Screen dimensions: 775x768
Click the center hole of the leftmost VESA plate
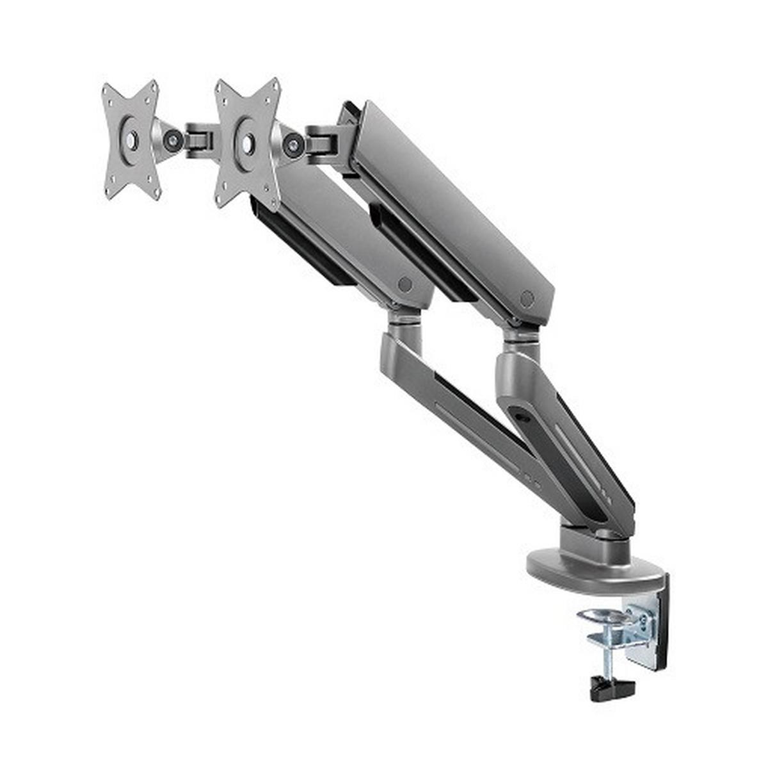point(131,139)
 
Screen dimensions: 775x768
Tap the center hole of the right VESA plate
point(246,143)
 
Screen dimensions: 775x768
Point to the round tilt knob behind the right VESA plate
point(294,145)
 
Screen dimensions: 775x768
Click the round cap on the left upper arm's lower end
point(404,284)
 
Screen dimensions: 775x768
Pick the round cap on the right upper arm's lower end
point(527,298)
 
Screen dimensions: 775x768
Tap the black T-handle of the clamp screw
point(611,688)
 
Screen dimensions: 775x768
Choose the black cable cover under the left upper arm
point(301,243)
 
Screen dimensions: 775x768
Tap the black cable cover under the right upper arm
point(422,256)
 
